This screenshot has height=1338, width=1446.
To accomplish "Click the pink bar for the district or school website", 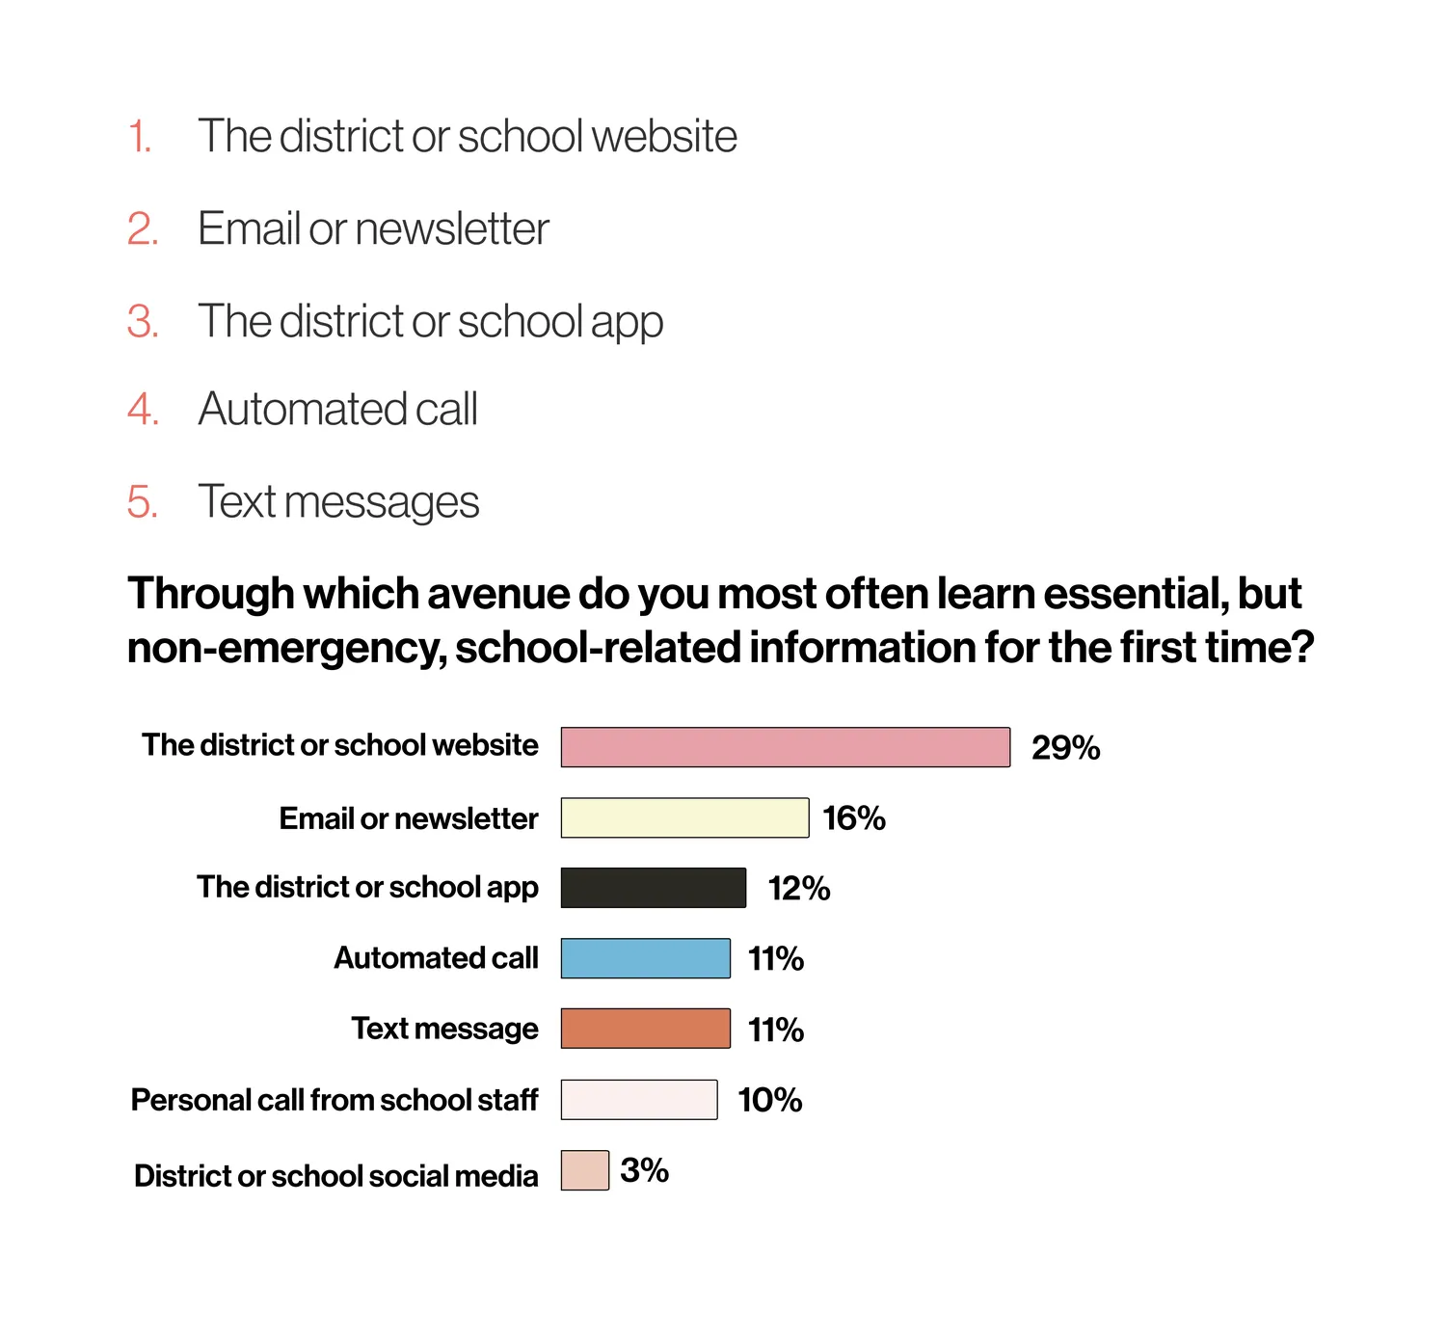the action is click(785, 746).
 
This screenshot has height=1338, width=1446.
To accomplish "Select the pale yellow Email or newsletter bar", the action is click(684, 817).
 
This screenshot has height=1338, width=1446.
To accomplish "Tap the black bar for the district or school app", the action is click(653, 887).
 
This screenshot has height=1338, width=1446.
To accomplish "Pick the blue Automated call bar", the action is click(645, 958).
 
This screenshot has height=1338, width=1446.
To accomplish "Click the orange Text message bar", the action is click(645, 1028).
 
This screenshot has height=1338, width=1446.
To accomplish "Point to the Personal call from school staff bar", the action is click(638, 1099).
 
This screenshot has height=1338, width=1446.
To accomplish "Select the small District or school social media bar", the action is click(584, 1169).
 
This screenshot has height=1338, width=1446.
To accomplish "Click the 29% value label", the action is click(1065, 747).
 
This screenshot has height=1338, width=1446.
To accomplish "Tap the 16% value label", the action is click(854, 818).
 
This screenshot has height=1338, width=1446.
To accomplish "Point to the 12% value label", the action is click(799, 889).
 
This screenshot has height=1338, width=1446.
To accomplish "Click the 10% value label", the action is click(769, 1100).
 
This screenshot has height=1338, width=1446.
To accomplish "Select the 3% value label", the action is click(644, 1169).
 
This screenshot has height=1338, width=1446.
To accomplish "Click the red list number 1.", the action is click(139, 136).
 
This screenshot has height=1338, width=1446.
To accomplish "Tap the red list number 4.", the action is click(143, 409).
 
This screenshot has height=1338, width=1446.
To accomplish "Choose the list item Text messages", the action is click(338, 502).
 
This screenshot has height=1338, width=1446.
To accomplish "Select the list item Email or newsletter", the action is click(373, 228).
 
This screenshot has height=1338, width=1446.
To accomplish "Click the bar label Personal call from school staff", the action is click(335, 1100).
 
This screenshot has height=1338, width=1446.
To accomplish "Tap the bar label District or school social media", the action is click(335, 1176).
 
